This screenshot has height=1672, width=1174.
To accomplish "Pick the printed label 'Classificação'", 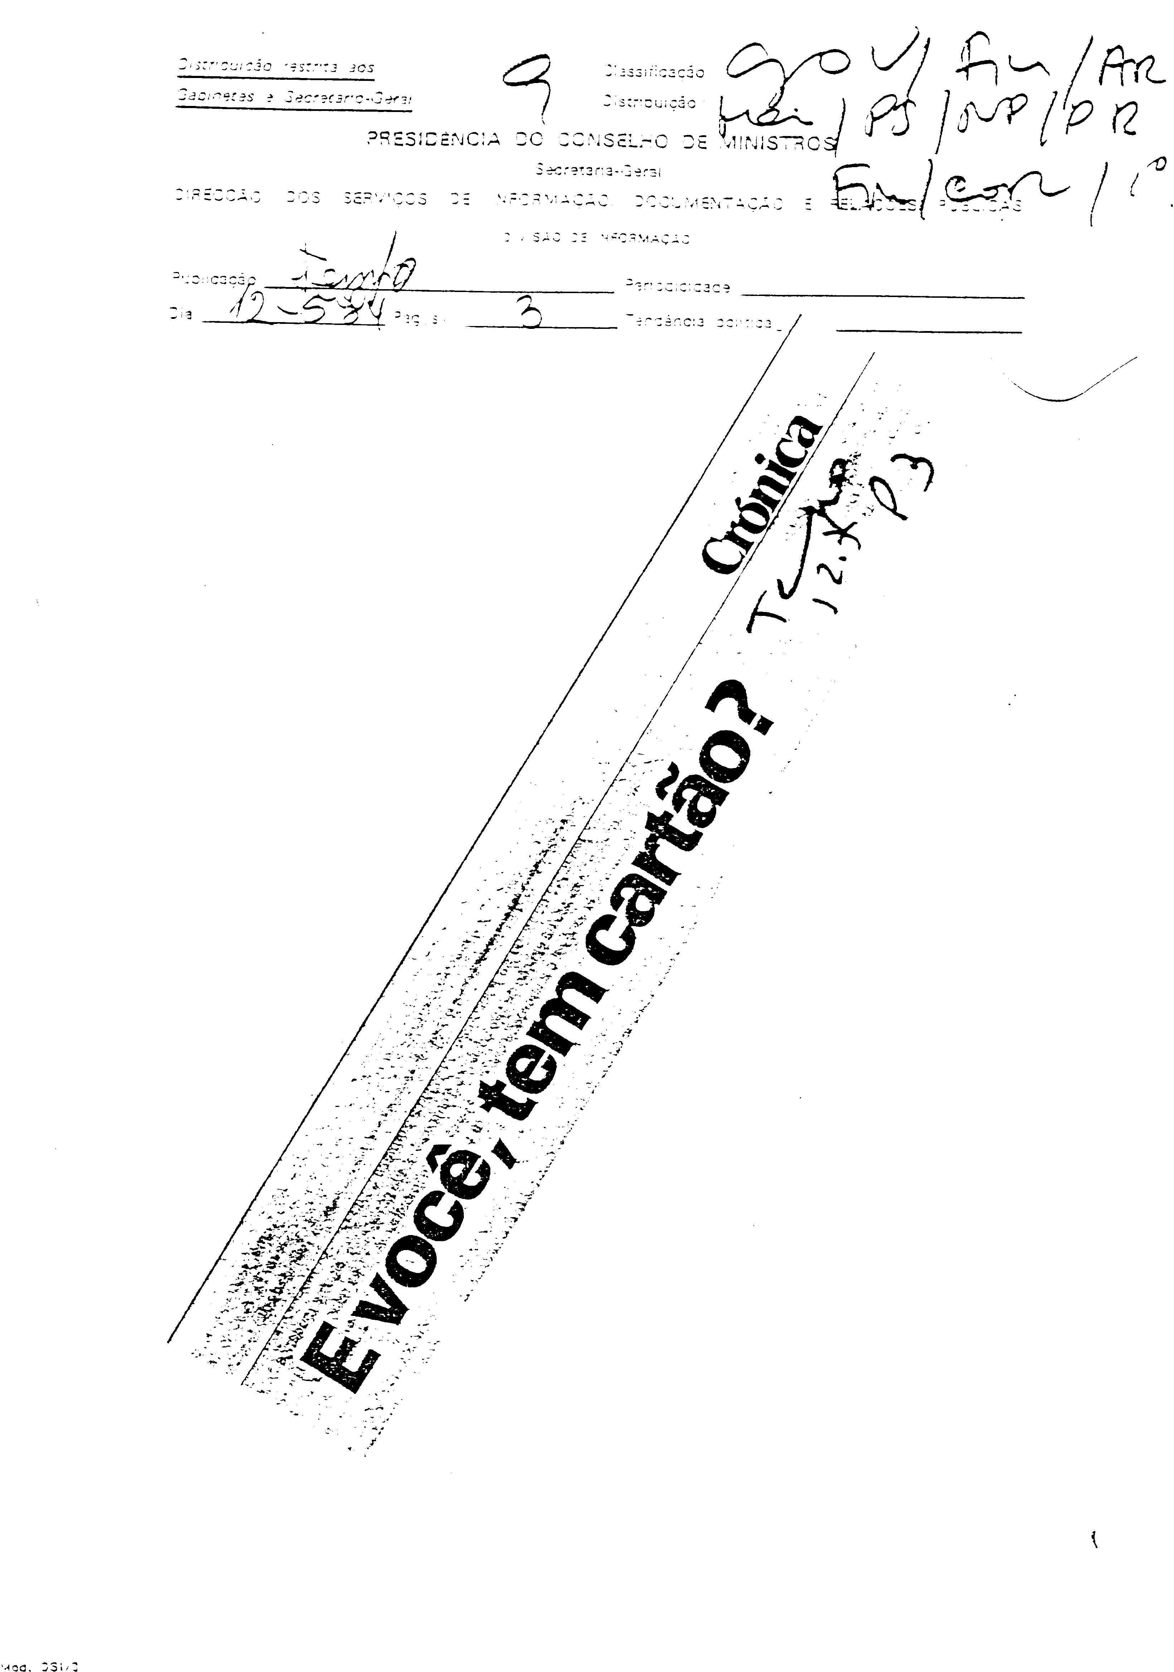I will pos(653,72).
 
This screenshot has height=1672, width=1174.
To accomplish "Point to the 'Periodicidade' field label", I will pos(677,288).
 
